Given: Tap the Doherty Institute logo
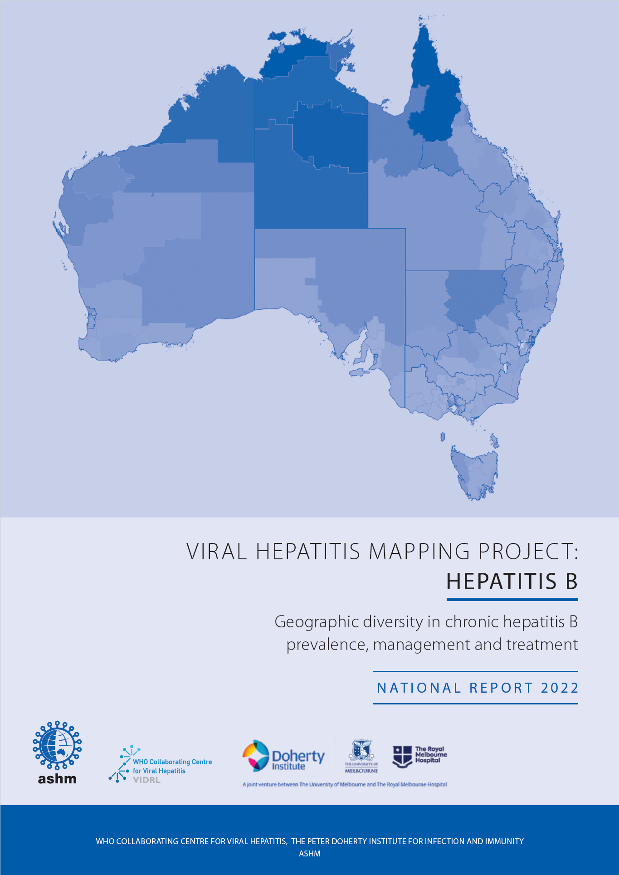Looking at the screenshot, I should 283,757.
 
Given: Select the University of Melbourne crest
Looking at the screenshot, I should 361,756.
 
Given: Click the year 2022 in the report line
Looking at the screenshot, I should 560,688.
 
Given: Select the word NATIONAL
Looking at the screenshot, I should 419,688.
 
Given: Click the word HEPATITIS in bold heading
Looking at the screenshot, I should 501,582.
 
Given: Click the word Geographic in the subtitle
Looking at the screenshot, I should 317,622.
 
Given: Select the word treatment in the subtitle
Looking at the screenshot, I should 542,645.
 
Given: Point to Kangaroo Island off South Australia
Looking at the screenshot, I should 357,372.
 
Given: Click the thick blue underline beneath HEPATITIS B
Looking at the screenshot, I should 512,599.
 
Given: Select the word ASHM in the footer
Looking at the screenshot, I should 310,854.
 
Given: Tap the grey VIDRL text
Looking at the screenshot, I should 146,780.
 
